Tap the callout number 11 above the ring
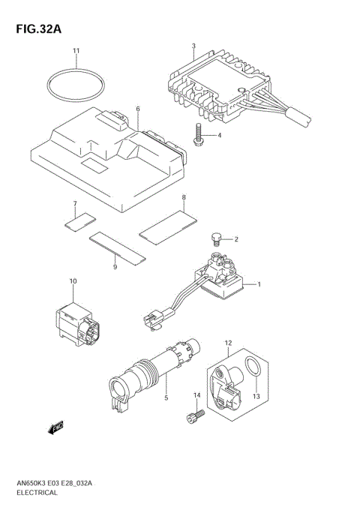(76, 51)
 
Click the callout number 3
(193, 46)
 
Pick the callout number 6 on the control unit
(137, 109)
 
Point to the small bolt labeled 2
(215, 241)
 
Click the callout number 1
(259, 284)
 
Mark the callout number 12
(227, 343)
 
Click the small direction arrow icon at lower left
(55, 428)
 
